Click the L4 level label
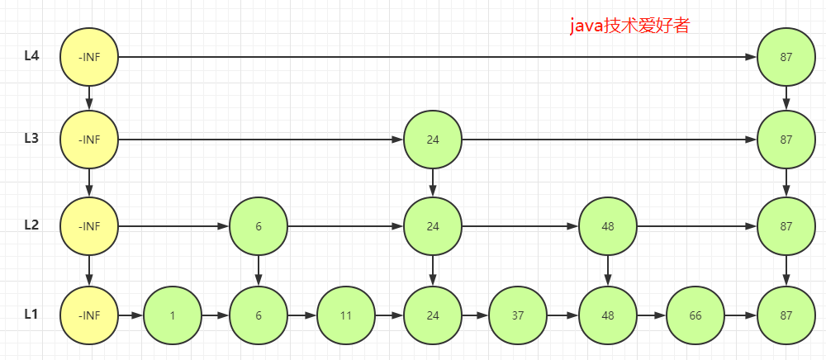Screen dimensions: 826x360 pos(31,55)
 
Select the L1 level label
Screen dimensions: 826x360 pos(31,315)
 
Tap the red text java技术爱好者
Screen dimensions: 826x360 pos(629,26)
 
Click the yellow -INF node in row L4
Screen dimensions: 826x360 pos(89,57)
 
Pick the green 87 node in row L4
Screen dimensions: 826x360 pos(786,57)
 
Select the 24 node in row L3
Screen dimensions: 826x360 pos(433,140)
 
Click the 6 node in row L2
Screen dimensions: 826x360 pos(258,226)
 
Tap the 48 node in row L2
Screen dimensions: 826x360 pos(608,226)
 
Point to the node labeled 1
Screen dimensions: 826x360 pos(173,315)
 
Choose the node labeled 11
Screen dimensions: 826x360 pos(345,315)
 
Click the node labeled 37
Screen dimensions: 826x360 pos(519,315)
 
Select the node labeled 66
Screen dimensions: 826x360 pos(695,315)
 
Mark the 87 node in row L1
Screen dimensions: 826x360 pos(786,315)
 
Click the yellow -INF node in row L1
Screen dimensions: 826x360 pos(89,315)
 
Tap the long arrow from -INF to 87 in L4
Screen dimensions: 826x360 pos(437,57)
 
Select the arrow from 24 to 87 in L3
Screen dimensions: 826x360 pos(609,140)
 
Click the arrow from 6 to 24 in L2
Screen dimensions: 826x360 pos(345,226)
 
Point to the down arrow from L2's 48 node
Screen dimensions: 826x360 pos(608,271)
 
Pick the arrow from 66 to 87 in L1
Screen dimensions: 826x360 pos(741,315)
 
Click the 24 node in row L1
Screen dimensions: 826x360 pos(433,315)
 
